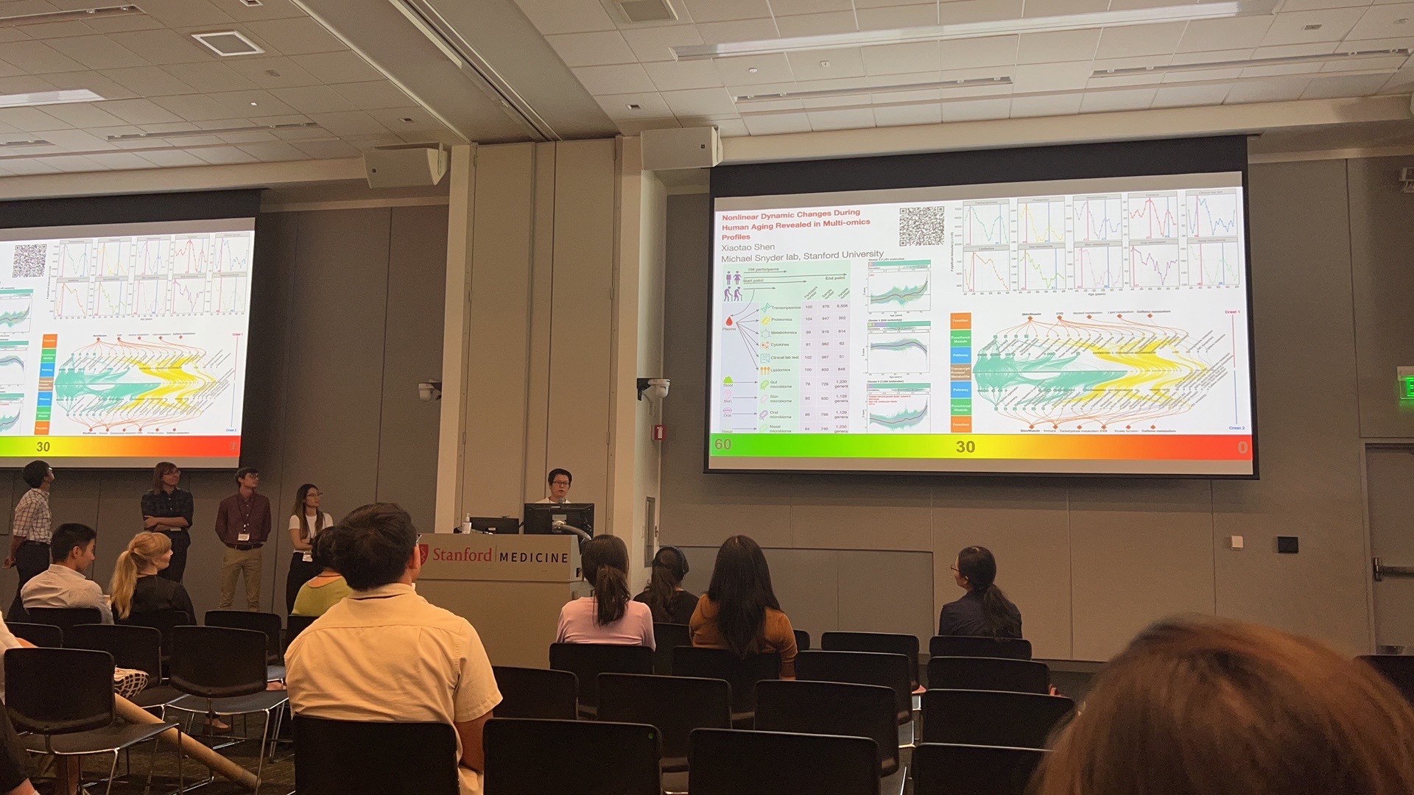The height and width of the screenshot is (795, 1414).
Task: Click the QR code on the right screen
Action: point(921,226)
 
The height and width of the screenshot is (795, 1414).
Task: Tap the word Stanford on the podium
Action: point(462,554)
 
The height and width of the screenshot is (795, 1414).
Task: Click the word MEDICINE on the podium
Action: point(534,557)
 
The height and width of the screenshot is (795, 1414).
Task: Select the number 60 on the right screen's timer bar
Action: point(723,444)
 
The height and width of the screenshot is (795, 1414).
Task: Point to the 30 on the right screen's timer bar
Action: point(965,447)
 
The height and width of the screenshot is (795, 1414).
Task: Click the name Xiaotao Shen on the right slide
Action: point(748,248)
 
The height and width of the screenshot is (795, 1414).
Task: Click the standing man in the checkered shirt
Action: point(32,515)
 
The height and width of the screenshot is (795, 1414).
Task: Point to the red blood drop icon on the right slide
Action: point(729,321)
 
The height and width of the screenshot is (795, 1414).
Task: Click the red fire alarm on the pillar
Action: point(660,432)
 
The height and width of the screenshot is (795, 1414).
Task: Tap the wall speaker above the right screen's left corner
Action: point(679,148)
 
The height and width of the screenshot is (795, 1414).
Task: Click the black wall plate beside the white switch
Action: point(1287,545)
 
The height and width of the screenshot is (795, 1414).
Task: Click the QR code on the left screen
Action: point(29,261)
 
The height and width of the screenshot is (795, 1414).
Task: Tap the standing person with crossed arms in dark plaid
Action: point(167,515)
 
